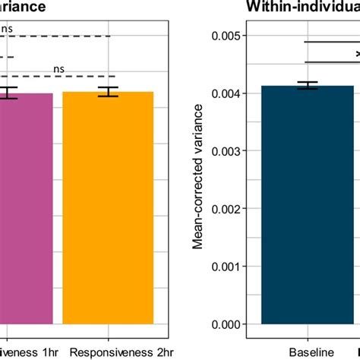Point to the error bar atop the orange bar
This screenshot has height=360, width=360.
[109, 92]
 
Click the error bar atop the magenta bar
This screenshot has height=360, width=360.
[8, 93]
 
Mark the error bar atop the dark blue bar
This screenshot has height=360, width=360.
[308, 86]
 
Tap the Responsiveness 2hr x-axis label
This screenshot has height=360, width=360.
[108, 352]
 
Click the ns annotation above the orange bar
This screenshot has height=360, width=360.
[58, 68]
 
